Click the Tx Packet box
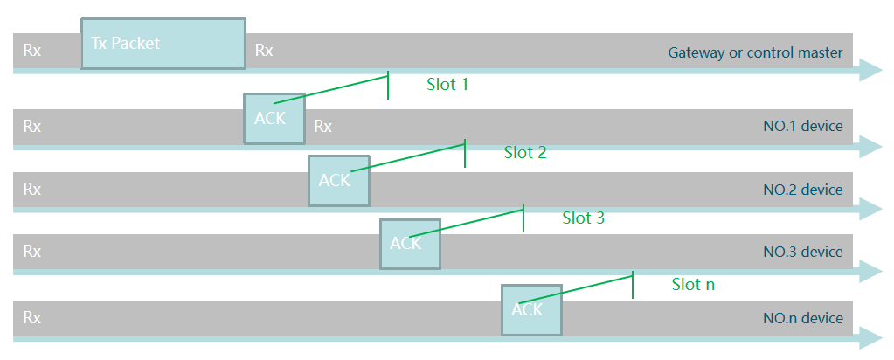[163, 44]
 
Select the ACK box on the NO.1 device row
[274, 118]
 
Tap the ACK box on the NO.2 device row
[339, 181]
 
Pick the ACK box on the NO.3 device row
[410, 244]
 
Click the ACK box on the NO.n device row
[531, 310]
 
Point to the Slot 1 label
[447, 85]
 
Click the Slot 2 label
[525, 153]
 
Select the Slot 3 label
[583, 218]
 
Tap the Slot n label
[694, 284]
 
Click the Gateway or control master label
[755, 52]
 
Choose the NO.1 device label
[802, 127]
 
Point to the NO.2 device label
[802, 190]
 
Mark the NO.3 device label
[802, 253]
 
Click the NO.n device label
[802, 318]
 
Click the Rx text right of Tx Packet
[264, 51]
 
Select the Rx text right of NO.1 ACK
[322, 127]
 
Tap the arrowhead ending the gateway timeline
[870, 71]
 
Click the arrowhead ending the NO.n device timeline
[870, 336]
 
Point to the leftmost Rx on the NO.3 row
[31, 253]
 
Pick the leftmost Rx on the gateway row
[31, 51]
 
